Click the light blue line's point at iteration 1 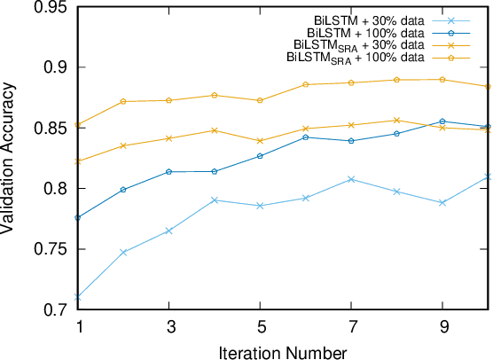click(78, 297)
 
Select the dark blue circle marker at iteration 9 click(441, 121)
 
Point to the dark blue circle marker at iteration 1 click(78, 217)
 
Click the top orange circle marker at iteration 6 click(305, 84)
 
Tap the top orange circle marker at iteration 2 click(123, 101)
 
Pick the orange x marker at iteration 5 click(259, 141)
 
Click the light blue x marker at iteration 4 click(214, 200)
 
